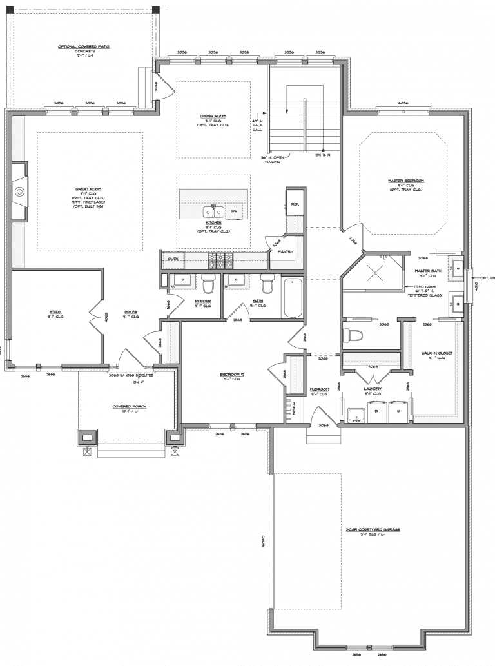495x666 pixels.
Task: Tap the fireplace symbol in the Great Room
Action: [x=20, y=191]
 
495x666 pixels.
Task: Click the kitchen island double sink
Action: [x=213, y=211]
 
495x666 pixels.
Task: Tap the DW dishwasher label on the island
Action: [x=234, y=211]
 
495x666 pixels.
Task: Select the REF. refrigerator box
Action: [x=295, y=203]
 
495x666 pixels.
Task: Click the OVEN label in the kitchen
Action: [x=173, y=259]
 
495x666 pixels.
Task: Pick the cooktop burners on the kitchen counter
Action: [x=219, y=259]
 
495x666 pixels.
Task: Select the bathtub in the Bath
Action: [x=293, y=297]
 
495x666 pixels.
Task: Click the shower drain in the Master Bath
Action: [x=373, y=272]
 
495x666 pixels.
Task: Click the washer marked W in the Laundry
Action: [x=398, y=410]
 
